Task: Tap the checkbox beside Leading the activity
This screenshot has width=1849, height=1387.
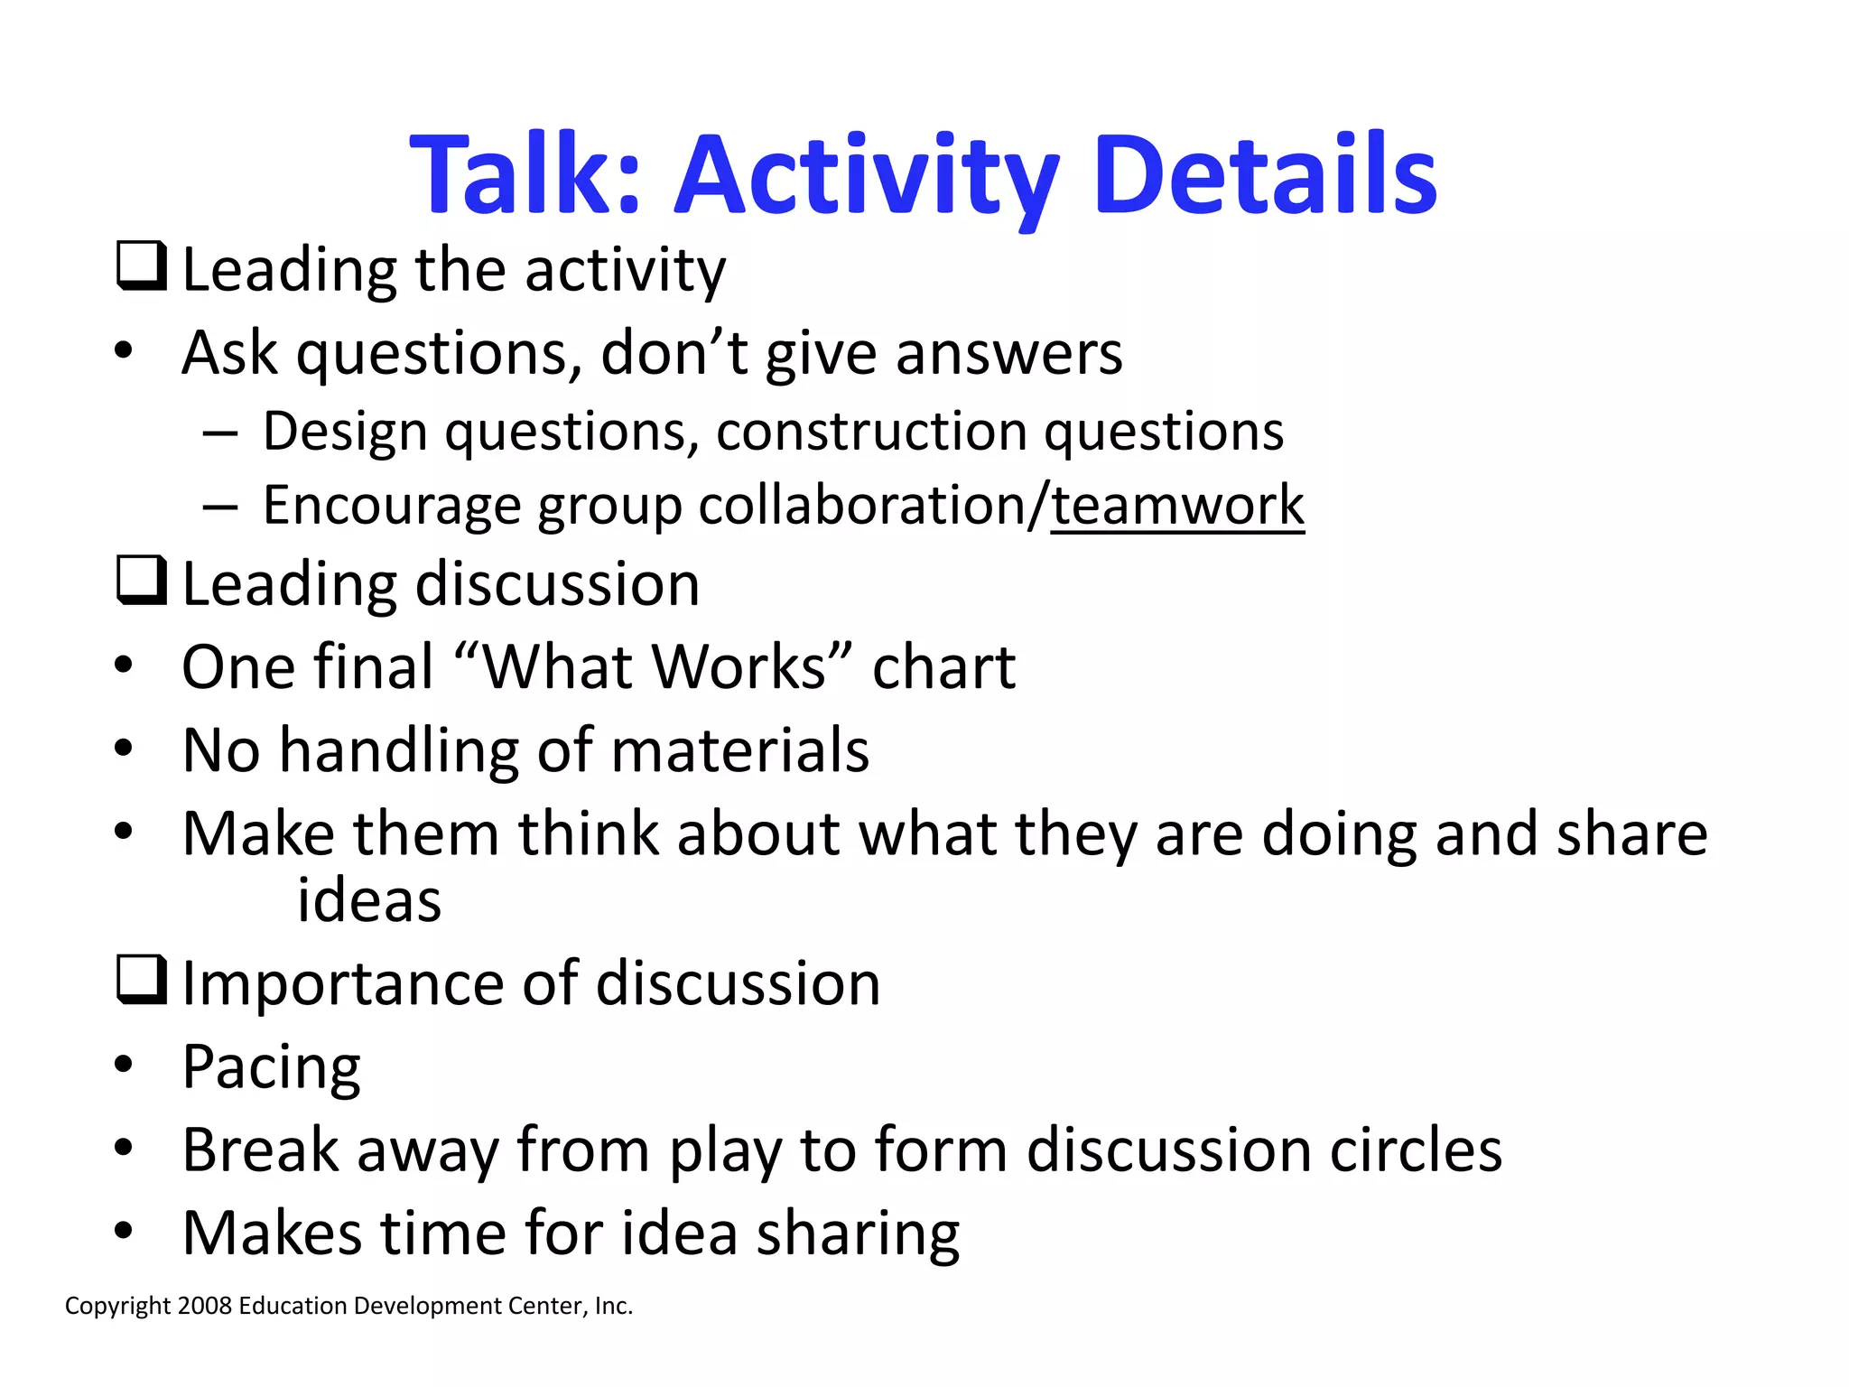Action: tap(142, 265)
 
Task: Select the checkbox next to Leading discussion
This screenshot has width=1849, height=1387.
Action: tap(142, 580)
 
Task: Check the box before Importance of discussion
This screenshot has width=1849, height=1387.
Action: tap(142, 980)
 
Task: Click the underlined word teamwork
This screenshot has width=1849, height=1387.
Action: tap(1177, 506)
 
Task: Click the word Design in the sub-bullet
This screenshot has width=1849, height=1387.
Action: tap(345, 432)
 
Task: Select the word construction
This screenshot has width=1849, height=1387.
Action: tap(871, 432)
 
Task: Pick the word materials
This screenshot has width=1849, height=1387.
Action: tap(739, 750)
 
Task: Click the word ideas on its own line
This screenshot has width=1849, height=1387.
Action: tap(369, 901)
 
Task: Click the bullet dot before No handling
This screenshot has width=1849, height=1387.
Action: tap(124, 749)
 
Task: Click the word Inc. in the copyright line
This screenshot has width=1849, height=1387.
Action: tap(613, 1307)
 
